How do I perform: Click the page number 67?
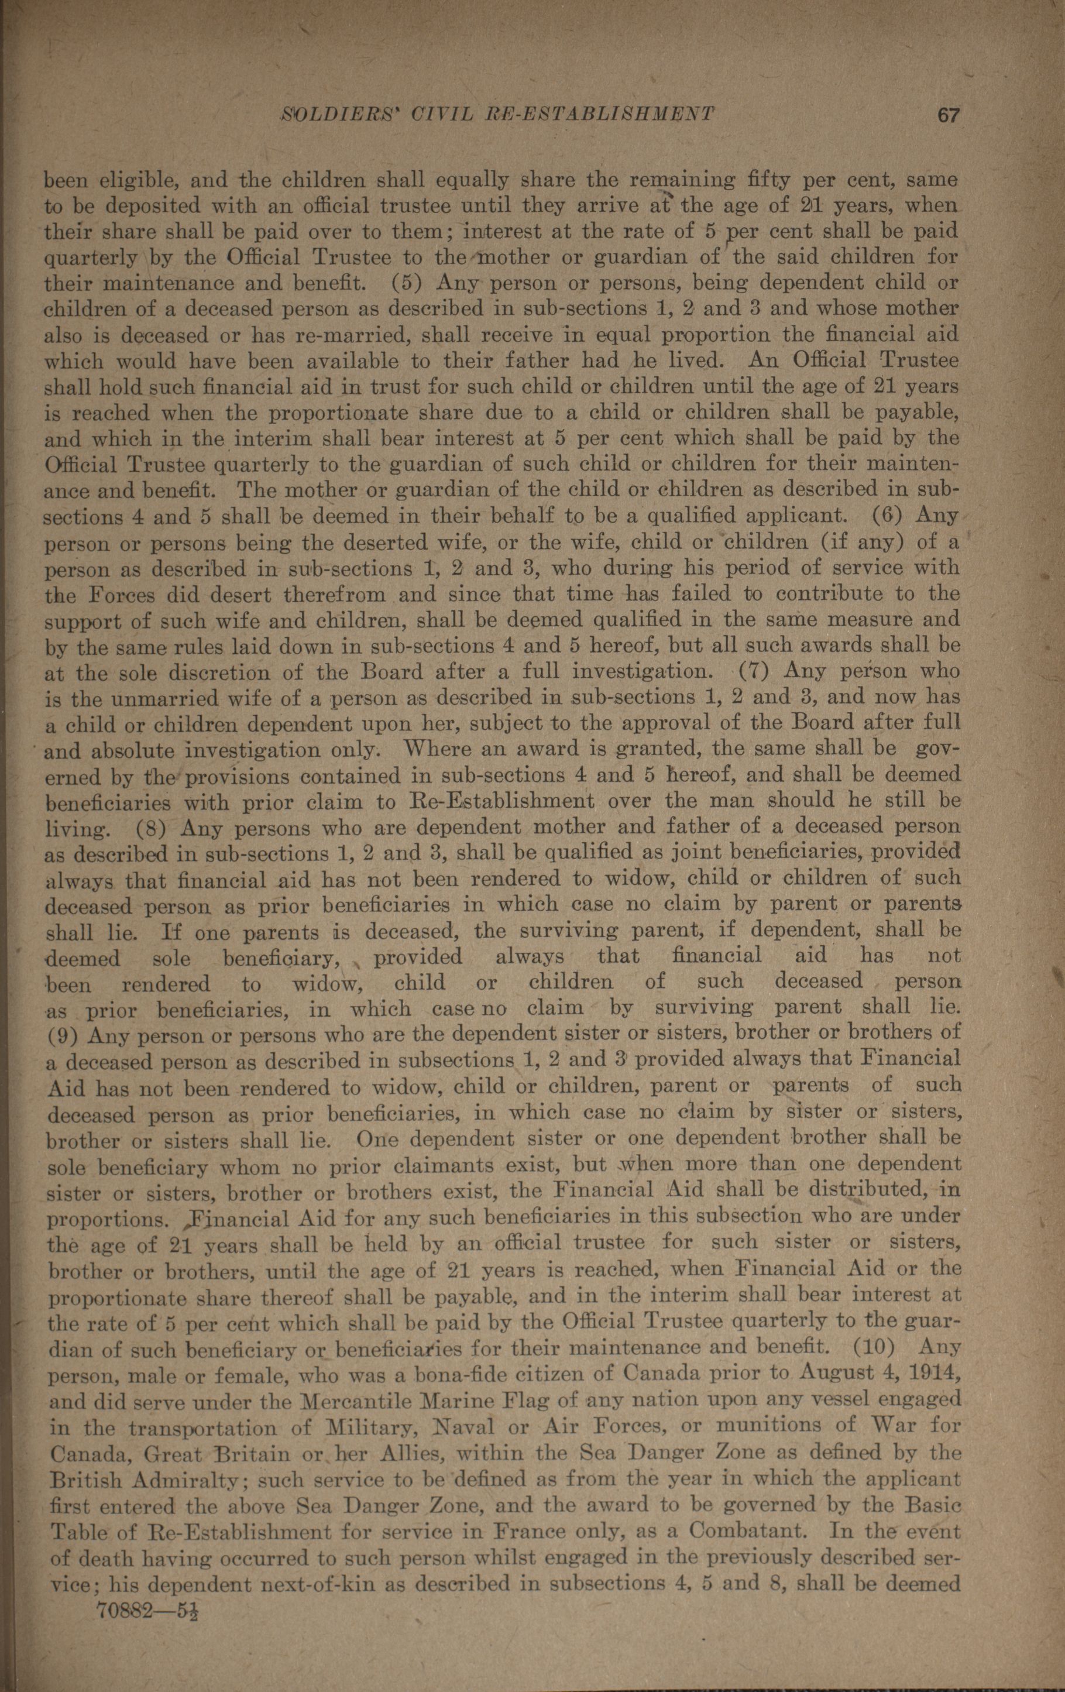pyautogui.click(x=948, y=115)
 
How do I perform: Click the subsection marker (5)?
pyautogui.click(x=405, y=283)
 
